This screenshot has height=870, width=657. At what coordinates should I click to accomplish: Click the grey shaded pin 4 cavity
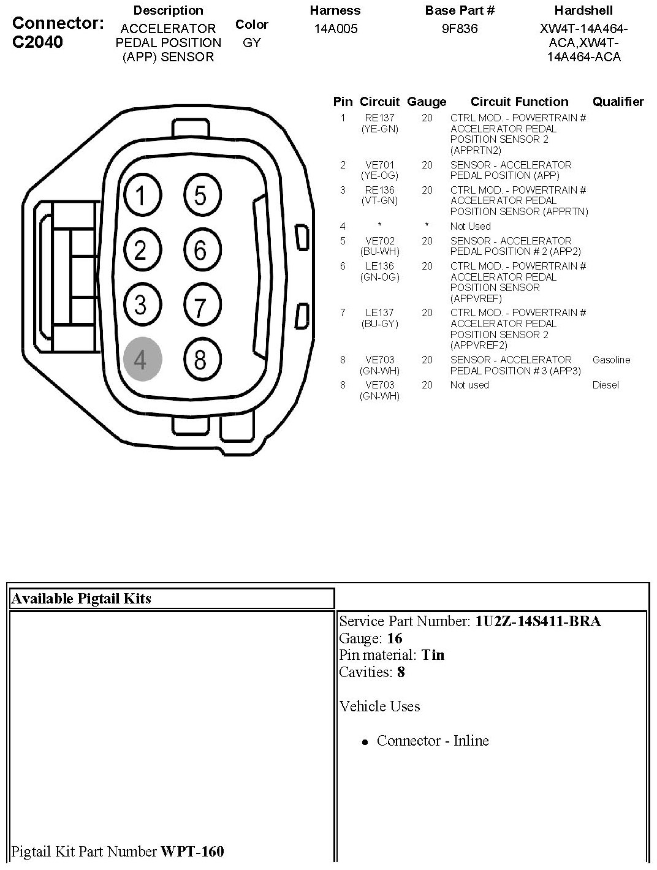pos(142,359)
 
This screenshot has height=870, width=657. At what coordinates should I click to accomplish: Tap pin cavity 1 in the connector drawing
pos(142,196)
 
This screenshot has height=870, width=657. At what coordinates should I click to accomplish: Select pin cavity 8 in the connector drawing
pos(200,359)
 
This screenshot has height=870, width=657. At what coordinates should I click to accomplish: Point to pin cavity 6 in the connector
pos(200,250)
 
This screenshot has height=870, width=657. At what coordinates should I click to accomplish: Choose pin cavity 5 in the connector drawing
pos(200,196)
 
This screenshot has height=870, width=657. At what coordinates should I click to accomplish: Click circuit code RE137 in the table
pos(379,118)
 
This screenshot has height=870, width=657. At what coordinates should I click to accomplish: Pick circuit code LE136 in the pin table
pos(379,266)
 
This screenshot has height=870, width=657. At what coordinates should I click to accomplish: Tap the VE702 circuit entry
pos(379,241)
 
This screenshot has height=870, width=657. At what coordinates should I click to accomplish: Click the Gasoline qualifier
pos(611,360)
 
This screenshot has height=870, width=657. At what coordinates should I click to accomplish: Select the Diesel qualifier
pos(606,385)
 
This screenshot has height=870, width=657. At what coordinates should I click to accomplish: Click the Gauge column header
pos(427,102)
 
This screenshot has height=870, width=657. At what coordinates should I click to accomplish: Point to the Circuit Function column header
pos(519,102)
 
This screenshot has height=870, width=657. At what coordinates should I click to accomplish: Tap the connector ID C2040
pos(37,42)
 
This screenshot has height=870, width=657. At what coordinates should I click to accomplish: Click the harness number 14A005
pos(335,29)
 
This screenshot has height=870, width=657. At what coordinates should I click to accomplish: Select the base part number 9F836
pos(460,29)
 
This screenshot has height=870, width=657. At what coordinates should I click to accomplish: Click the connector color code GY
pos(251,43)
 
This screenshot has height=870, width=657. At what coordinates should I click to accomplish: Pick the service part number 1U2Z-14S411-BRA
pos(537,621)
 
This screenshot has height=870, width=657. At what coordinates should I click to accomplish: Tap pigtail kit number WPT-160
pos(192,851)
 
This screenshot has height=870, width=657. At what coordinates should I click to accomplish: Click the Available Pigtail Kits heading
pos(81,599)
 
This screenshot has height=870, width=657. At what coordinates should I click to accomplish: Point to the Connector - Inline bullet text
pos(433,741)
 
